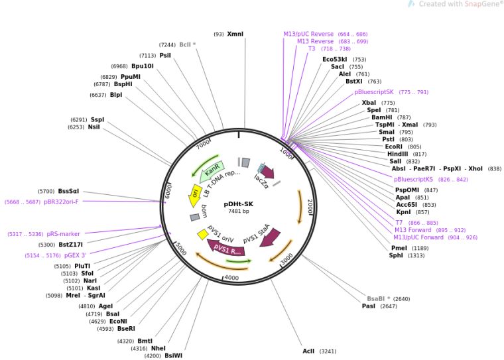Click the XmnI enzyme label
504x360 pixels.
click(235, 34)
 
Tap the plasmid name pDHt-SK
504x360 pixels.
click(238, 204)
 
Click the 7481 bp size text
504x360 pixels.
click(238, 211)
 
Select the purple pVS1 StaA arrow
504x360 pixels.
click(269, 237)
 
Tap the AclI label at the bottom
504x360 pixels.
click(308, 351)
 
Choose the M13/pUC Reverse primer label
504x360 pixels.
click(308, 34)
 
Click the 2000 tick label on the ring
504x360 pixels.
click(309, 206)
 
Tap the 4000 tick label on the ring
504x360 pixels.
click(231, 277)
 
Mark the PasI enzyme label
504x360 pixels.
click(369, 306)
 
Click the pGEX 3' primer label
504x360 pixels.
click(75, 255)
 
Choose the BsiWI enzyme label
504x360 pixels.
click(173, 355)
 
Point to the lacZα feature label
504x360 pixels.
click(261, 182)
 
